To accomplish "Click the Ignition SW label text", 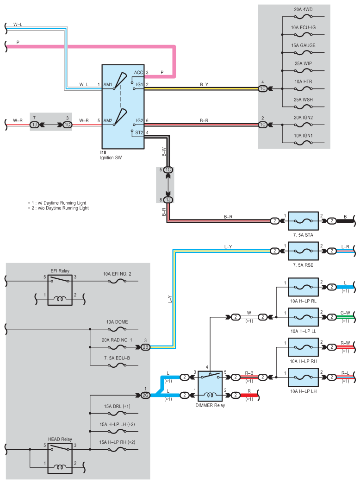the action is (111, 158).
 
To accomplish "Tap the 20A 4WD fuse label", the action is (303, 10).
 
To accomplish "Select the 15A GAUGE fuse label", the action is (303, 45).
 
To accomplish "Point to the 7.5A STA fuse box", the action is (303, 221).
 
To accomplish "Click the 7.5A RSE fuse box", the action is (303, 251).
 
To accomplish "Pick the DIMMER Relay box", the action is (210, 386).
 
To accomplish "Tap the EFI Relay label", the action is (60, 271).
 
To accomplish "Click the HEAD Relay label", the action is (60, 439).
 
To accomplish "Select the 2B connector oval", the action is (145, 347).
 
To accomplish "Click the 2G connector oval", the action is (145, 395).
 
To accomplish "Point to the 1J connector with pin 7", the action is (34, 125).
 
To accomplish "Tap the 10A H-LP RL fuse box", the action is (303, 287).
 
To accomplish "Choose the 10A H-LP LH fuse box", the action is (303, 377).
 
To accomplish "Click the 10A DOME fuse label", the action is (117, 322).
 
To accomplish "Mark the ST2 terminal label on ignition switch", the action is (139, 133).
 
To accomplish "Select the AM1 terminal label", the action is (108, 85).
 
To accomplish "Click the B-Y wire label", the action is (204, 85).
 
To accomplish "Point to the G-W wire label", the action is (345, 313).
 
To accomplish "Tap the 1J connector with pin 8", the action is (168, 200).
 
